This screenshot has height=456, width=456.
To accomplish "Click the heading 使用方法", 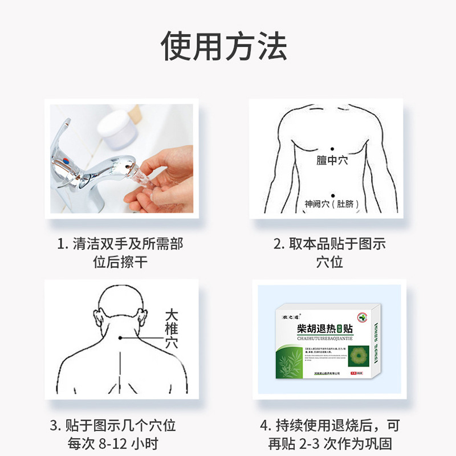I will click(223, 46).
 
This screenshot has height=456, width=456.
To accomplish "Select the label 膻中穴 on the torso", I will click(332, 161).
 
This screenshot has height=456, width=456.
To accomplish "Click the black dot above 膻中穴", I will click(332, 149).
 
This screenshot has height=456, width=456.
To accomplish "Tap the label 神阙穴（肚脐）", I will click(333, 203).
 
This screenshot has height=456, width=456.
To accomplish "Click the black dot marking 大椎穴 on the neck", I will click(120, 339).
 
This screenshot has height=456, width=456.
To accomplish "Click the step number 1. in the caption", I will click(62, 244).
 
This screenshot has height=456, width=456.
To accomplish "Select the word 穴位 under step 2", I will click(329, 262).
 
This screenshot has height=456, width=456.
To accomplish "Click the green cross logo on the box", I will click(363, 317).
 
